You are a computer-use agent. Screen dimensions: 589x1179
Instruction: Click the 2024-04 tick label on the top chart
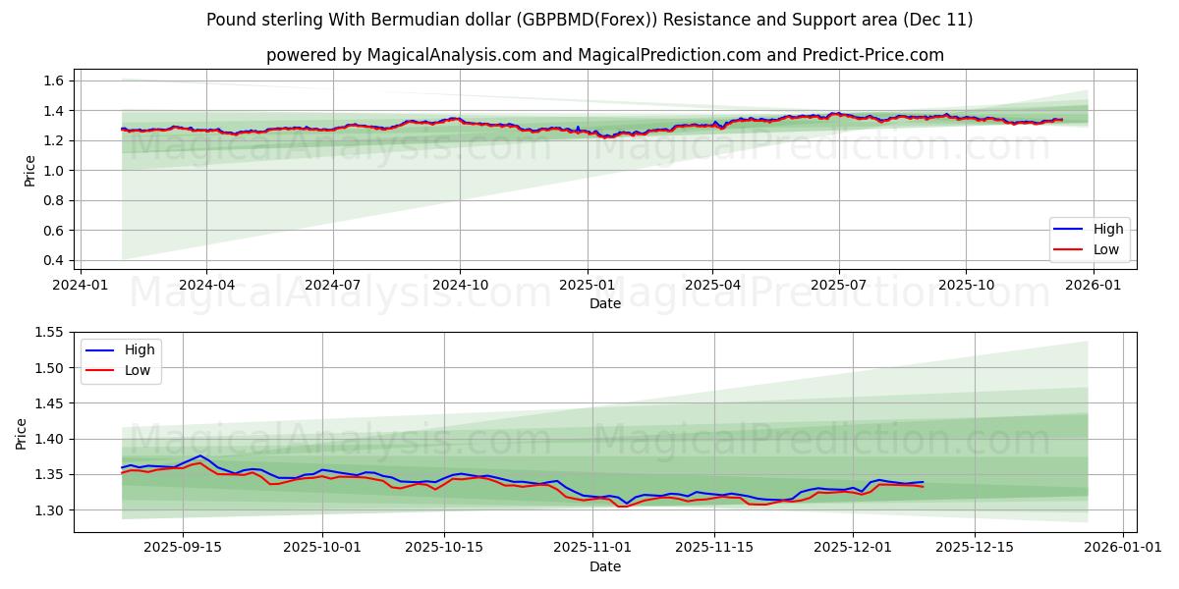coord(206,286)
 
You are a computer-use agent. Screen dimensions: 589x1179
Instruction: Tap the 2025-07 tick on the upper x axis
coord(838,286)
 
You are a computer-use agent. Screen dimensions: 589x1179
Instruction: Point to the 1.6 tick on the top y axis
coord(54,80)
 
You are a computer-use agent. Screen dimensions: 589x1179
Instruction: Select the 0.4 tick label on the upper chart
coord(54,260)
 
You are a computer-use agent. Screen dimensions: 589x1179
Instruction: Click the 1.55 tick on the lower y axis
coord(50,333)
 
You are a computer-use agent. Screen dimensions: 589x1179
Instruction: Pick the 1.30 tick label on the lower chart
coord(50,510)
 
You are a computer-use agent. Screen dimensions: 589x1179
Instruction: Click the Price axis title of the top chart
coord(29,170)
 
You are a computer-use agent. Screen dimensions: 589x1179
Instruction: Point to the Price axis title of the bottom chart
coord(22,433)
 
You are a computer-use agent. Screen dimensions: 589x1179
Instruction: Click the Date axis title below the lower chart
coord(604,566)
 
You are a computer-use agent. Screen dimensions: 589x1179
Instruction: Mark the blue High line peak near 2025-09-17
coord(200,455)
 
